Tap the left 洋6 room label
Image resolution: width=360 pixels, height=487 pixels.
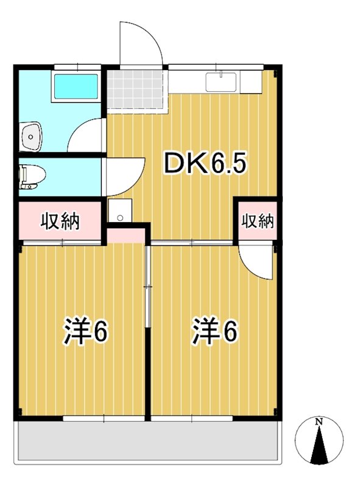pos(86,332)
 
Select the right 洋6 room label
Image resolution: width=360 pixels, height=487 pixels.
pos(214,332)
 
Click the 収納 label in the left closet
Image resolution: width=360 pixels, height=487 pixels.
pos(60,222)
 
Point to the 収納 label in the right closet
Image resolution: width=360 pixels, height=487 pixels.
pos(256,221)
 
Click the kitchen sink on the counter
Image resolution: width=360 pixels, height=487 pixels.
pos(221,82)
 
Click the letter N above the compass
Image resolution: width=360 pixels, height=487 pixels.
pos(319,421)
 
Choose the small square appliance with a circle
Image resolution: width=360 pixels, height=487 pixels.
pos(120,212)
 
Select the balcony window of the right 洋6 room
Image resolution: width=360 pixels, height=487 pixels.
pos(192,419)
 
